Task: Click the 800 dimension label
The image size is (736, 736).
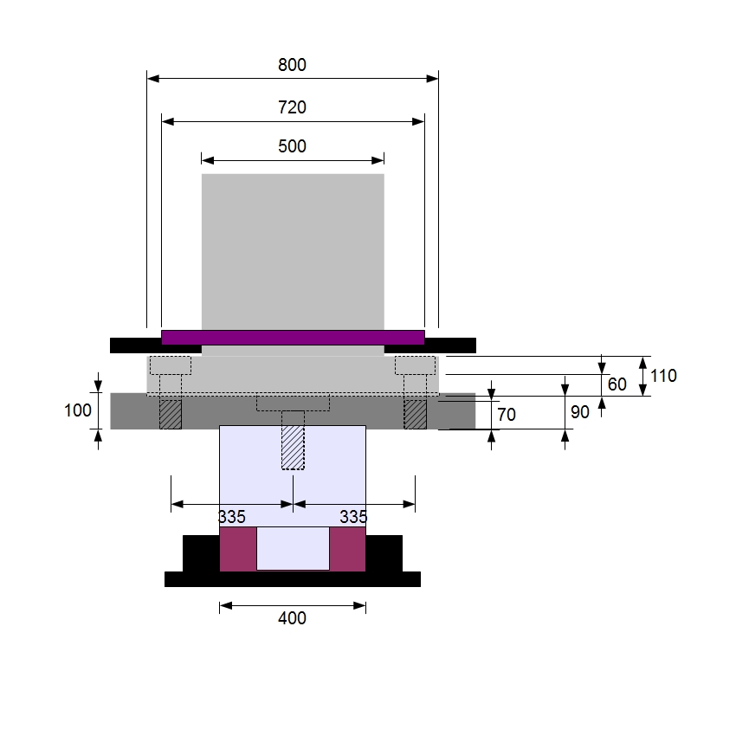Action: pyautogui.click(x=292, y=65)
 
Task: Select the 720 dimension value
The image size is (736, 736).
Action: pyautogui.click(x=292, y=107)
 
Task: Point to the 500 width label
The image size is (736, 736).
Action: pyautogui.click(x=292, y=146)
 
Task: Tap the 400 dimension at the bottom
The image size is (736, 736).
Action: pyautogui.click(x=292, y=618)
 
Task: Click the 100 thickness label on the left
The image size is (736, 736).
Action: pyautogui.click(x=77, y=410)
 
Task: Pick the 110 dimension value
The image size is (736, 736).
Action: pyautogui.click(x=663, y=376)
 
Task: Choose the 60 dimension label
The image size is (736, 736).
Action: pyautogui.click(x=617, y=384)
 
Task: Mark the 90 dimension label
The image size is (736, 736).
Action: pyautogui.click(x=580, y=412)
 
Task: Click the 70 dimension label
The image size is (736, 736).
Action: pyautogui.click(x=507, y=415)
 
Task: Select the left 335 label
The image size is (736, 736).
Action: pyautogui.click(x=232, y=517)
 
